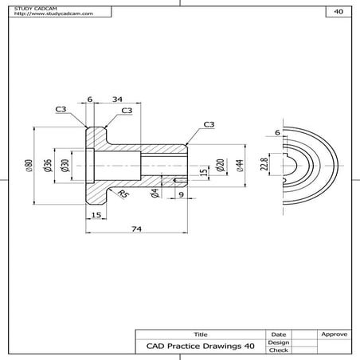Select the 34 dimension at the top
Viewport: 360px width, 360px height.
[117, 99]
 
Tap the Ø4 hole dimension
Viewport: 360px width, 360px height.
[155, 193]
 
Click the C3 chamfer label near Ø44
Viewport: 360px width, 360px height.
[209, 124]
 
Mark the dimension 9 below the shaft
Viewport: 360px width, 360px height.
[180, 194]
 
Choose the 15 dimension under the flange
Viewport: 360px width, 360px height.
[96, 215]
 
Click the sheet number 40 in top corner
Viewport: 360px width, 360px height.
[338, 12]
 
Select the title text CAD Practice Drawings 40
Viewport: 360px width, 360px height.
[200, 346]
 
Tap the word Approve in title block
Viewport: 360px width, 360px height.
[334, 335]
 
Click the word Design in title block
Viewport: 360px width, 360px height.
[278, 342]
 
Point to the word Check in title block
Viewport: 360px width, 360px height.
[278, 350]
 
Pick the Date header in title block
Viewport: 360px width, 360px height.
[278, 335]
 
